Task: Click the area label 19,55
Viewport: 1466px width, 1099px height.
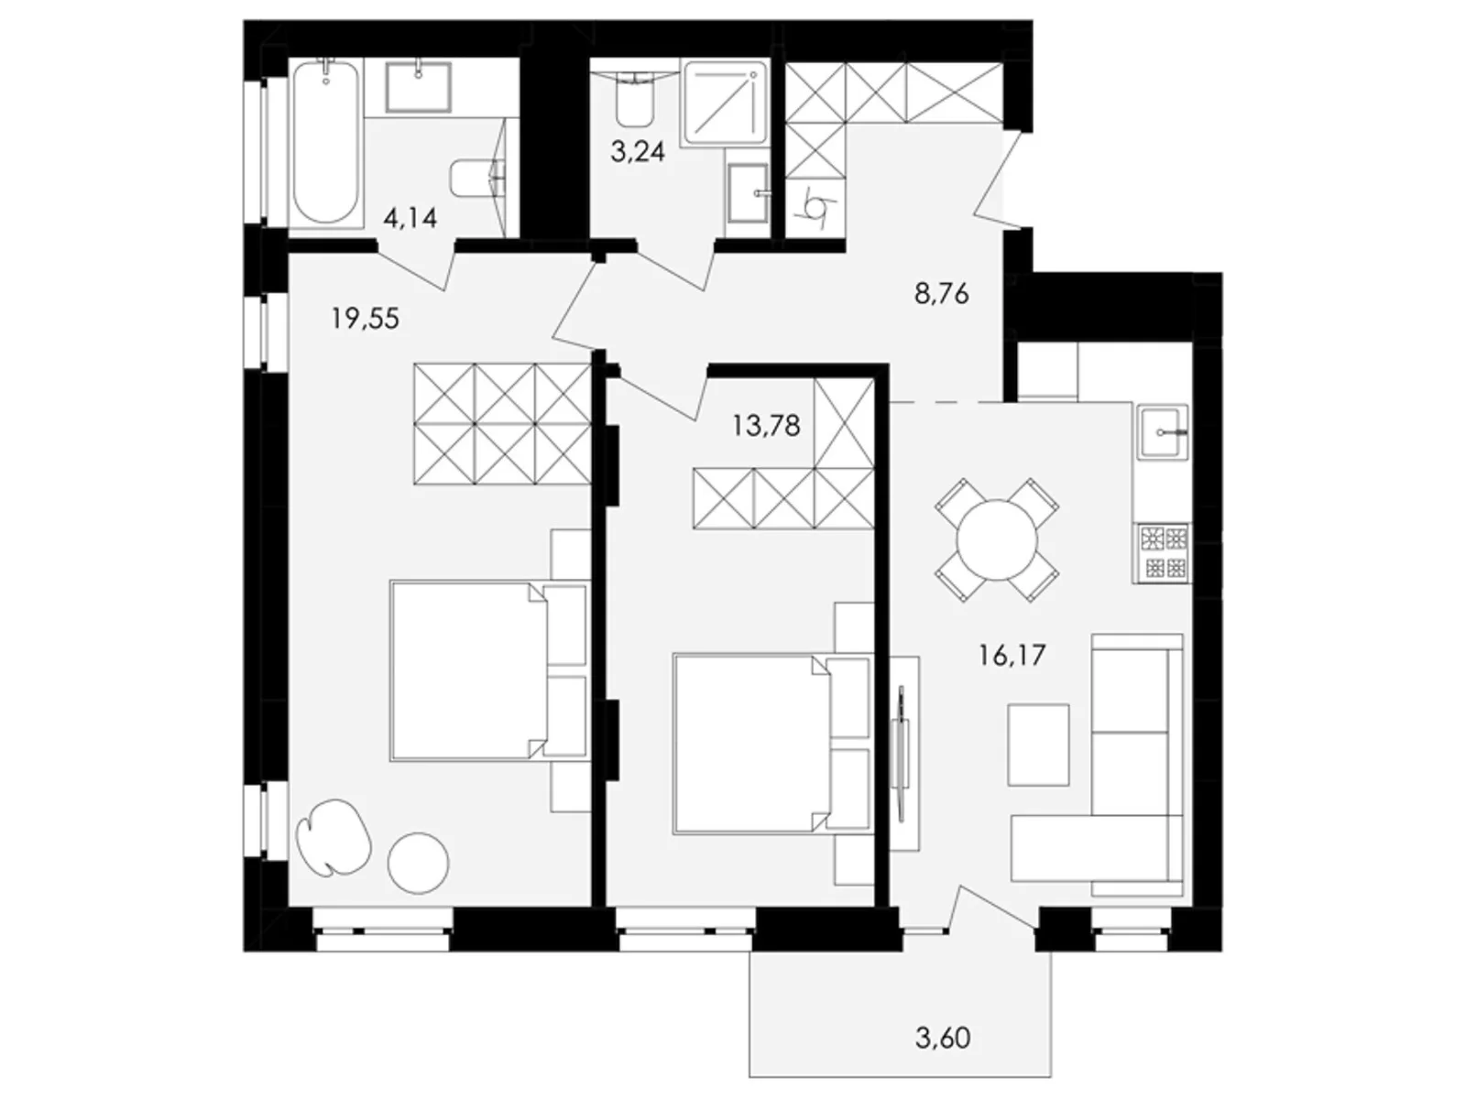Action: pyautogui.click(x=365, y=319)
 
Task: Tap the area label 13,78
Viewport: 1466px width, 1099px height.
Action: pyautogui.click(x=766, y=425)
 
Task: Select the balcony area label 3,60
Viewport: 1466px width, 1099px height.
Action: pyautogui.click(x=943, y=1039)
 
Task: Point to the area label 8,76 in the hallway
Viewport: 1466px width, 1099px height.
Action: pyautogui.click(x=941, y=295)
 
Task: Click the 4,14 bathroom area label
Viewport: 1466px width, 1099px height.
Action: pyautogui.click(x=410, y=218)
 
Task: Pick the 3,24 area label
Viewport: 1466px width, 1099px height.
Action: pyautogui.click(x=638, y=151)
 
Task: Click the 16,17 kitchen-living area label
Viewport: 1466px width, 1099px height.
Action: pyautogui.click(x=1012, y=655)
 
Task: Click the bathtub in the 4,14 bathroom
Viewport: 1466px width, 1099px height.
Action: pyautogui.click(x=325, y=142)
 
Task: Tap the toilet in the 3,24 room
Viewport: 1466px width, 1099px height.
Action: pyautogui.click(x=634, y=99)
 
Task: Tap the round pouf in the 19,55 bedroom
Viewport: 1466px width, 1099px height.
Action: pyautogui.click(x=418, y=862)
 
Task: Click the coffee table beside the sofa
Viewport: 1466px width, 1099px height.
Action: pyautogui.click(x=1038, y=745)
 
